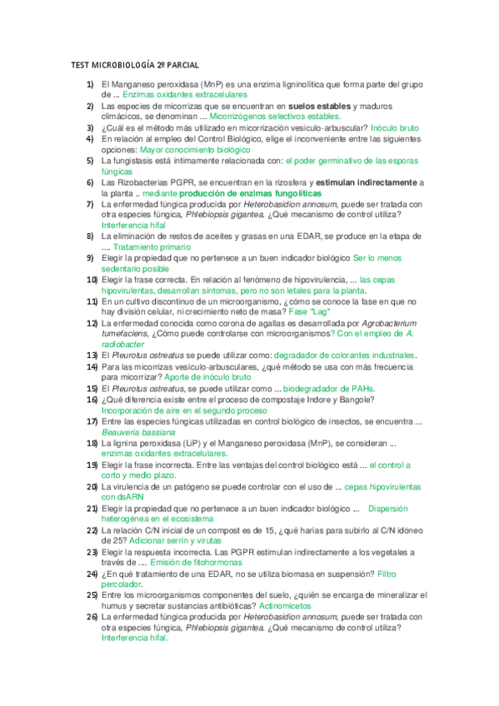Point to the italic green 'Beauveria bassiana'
pyautogui.click(x=138, y=432)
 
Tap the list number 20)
pyautogui.click(x=89, y=486)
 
